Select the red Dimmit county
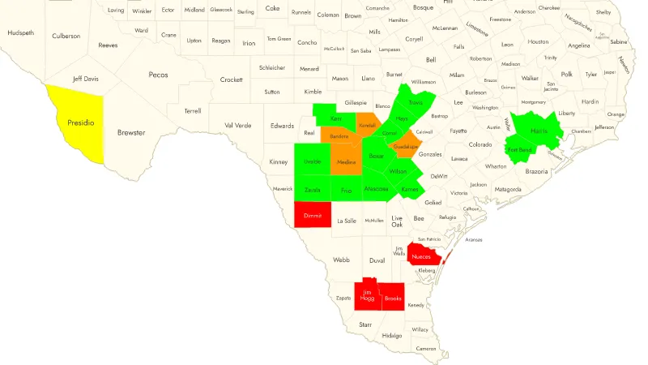pos(313,215)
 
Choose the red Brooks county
pos(394,298)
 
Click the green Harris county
pos(539,131)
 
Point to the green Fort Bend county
pos(519,150)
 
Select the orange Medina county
pos(347,161)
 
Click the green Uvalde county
pos(312,161)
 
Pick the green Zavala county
pos(312,190)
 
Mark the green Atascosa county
pos(376,189)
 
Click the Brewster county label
pos(131,132)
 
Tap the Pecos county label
pos(158,75)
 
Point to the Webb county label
pos(341,260)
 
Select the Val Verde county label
pos(238,125)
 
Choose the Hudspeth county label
pos(20,32)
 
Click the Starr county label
pos(365,324)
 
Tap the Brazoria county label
pos(536,172)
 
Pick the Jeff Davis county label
pos(85,79)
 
